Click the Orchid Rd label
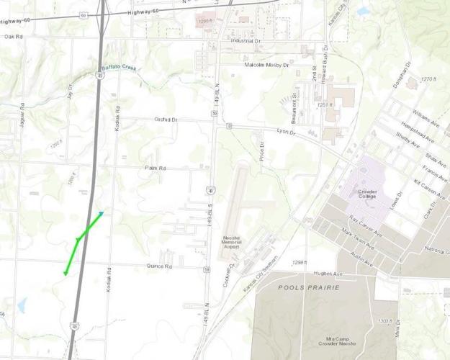point(166,120)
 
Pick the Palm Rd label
point(156,168)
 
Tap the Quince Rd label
point(159,266)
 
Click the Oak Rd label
point(14,36)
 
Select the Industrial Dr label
point(245,40)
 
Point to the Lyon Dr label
point(287,131)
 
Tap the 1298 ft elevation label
point(295,263)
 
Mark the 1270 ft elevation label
point(429,78)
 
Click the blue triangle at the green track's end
point(102,213)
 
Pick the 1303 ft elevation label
point(385,321)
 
